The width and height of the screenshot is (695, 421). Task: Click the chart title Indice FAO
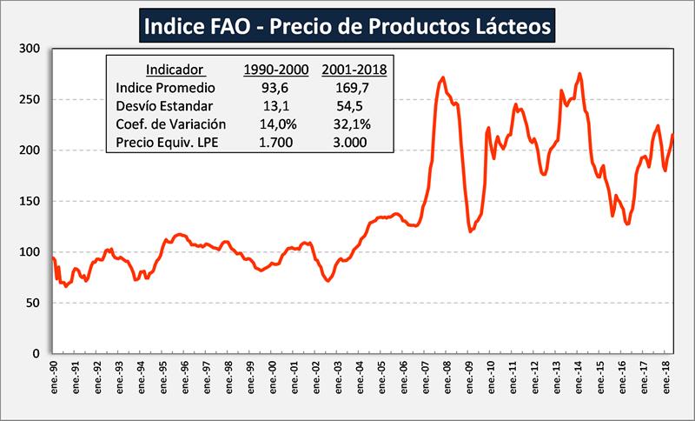[347, 27]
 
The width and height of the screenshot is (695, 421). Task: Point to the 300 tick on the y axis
[31, 49]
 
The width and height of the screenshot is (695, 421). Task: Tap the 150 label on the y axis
[31, 202]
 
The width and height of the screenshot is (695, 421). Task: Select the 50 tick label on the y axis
[35, 304]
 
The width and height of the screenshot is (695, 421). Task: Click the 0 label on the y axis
[38, 354]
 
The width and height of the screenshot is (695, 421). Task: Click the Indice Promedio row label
[165, 87]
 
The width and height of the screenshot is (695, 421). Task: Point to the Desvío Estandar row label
[164, 105]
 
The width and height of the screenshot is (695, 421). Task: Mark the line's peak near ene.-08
[443, 77]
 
